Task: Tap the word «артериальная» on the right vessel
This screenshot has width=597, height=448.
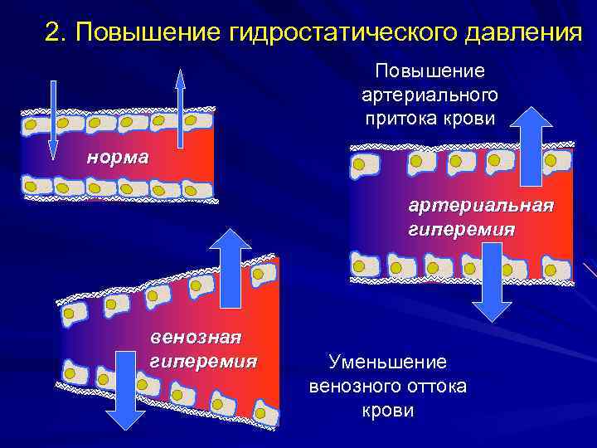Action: pyautogui.click(x=479, y=205)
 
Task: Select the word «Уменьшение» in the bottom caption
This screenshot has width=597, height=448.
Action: pyautogui.click(x=387, y=362)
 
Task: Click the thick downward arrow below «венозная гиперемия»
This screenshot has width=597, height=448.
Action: pyautogui.click(x=126, y=390)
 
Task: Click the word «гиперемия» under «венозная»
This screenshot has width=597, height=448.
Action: pyautogui.click(x=202, y=362)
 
